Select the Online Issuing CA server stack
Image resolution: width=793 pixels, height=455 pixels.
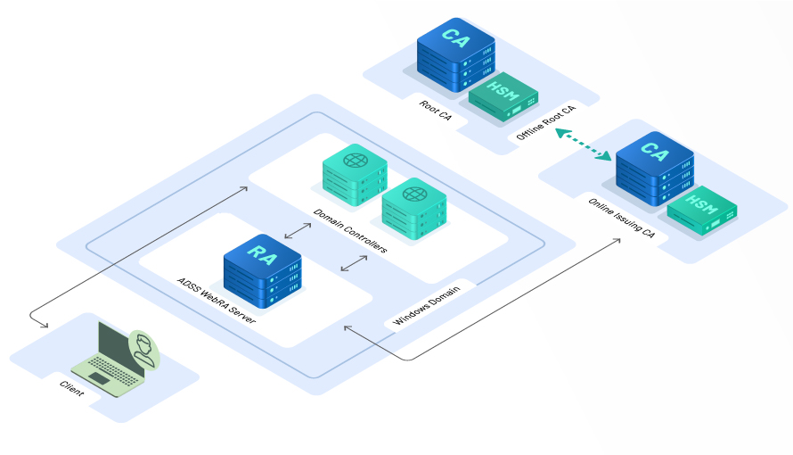click(x=654, y=175)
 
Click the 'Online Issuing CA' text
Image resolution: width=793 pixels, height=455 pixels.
click(x=621, y=219)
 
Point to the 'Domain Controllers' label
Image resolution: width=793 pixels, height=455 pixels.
click(x=350, y=231)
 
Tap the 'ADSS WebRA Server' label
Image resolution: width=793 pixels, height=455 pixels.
click(x=217, y=302)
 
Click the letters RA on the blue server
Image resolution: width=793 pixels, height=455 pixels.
click(x=261, y=253)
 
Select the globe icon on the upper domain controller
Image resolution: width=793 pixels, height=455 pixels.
click(x=356, y=161)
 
